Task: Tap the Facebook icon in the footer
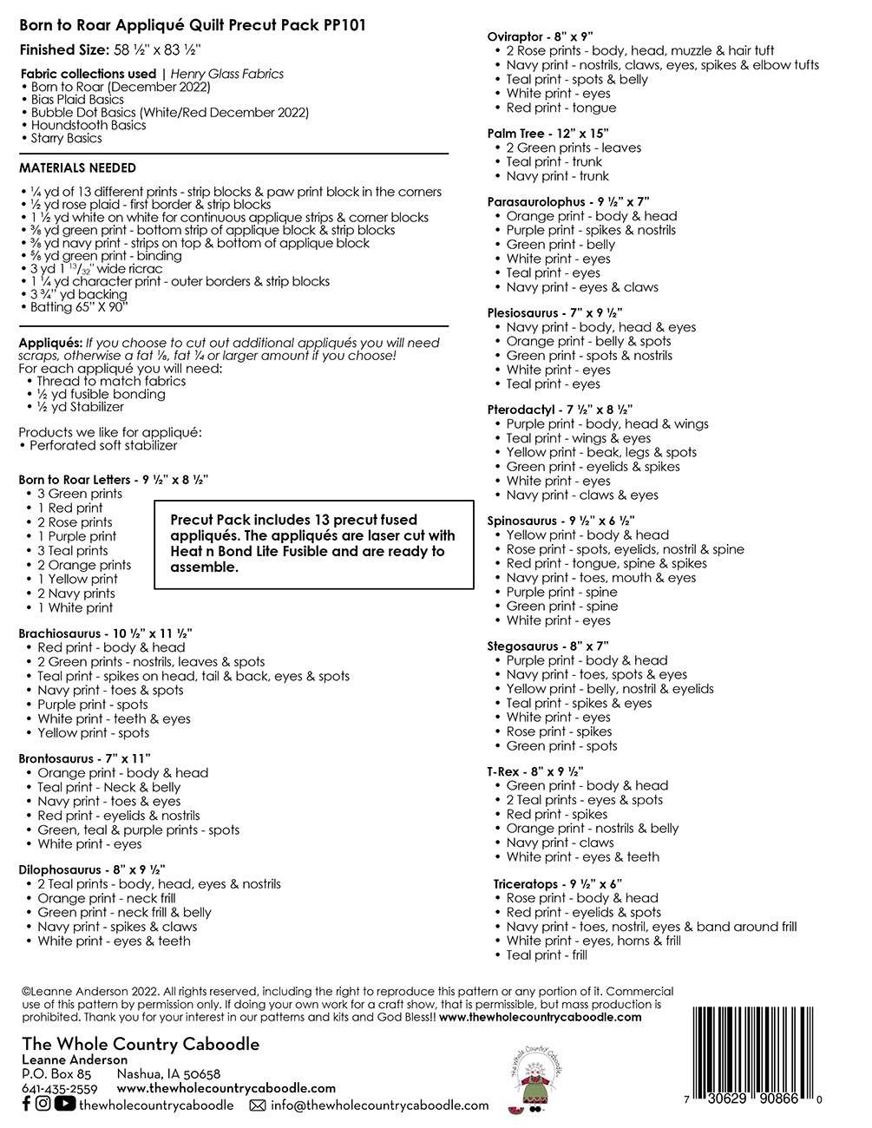[x=25, y=1104]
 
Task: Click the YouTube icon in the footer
[x=64, y=1104]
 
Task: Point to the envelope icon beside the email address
[x=257, y=1105]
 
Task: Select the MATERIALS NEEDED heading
[x=77, y=167]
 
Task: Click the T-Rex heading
[x=535, y=771]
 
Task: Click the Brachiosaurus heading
[x=105, y=633]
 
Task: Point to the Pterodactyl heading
[x=560, y=410]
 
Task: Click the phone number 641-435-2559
[x=58, y=1088]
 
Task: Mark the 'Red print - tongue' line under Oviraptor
[x=561, y=108]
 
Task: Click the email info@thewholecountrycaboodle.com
[x=379, y=1105]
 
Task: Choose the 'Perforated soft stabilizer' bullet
[x=103, y=445]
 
